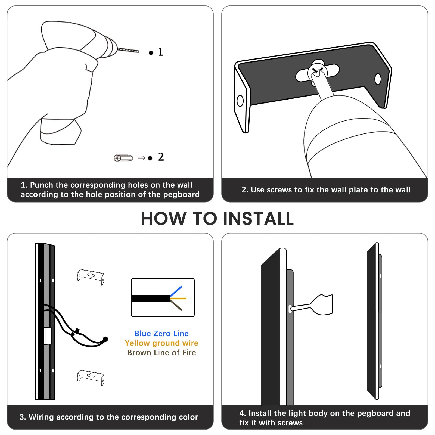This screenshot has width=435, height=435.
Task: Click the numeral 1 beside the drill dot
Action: pos(161,52)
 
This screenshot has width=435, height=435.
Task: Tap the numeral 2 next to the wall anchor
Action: pos(161,157)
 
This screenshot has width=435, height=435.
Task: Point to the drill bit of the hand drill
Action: pos(128,50)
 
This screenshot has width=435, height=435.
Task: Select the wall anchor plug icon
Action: pos(123,158)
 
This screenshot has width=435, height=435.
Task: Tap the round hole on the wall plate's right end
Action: pos(378,79)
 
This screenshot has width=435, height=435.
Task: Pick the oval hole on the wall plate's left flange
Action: pos(240,101)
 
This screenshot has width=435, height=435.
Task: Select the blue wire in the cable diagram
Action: pos(176,291)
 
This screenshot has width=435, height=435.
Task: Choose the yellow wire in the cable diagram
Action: pos(178,299)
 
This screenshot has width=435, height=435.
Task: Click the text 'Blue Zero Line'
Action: pos(161,334)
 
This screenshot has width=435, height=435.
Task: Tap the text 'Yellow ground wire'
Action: pos(161,343)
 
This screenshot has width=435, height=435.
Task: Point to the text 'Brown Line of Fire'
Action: pos(161,353)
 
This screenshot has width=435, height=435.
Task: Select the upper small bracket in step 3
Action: pos(91,277)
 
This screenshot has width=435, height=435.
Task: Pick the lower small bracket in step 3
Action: pos(91,377)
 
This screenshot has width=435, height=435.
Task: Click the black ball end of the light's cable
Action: pos(105,339)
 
